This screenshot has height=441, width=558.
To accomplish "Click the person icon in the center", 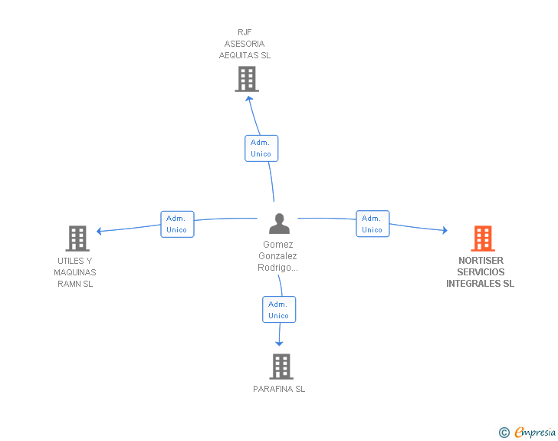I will (x=280, y=224).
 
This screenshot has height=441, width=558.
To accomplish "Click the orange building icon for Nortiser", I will (x=482, y=239).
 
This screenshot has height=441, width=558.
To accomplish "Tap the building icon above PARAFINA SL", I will (x=281, y=367).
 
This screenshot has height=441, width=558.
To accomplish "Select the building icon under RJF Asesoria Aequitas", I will (x=246, y=79).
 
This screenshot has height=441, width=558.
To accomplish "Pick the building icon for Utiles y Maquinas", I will (x=77, y=239).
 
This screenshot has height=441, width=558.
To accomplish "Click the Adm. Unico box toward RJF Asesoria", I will (x=261, y=148).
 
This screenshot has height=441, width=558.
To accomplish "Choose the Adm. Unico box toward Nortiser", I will (x=373, y=224).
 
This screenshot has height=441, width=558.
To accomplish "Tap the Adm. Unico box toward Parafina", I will (x=279, y=310).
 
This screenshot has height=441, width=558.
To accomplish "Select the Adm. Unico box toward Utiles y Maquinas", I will (x=177, y=224).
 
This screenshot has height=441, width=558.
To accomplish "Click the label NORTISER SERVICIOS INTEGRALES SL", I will (x=481, y=272).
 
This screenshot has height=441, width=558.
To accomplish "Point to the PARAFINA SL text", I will (x=279, y=389).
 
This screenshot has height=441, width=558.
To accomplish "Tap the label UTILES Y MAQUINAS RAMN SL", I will (x=75, y=272).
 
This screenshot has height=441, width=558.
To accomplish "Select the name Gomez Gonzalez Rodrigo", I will (x=278, y=256).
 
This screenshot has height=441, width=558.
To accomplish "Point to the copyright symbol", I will (x=504, y=433).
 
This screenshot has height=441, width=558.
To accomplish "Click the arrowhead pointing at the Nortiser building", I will (x=445, y=230).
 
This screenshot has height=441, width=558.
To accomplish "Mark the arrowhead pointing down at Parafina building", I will (x=279, y=342).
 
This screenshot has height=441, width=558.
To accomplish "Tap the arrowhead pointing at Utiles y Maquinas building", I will (x=99, y=231).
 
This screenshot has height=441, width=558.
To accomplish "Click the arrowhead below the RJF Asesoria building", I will (x=248, y=97).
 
